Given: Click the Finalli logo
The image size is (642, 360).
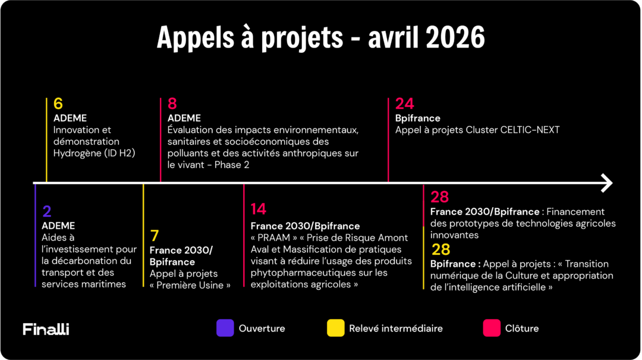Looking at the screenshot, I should (46, 329).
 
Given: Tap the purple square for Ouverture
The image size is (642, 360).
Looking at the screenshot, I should (225, 328).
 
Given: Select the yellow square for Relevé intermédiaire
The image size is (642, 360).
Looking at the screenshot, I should (335, 328).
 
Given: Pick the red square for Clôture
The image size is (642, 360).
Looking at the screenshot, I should (492, 328).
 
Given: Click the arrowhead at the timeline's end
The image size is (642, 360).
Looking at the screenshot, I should (607, 183).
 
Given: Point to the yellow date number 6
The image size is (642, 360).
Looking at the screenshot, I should (58, 104).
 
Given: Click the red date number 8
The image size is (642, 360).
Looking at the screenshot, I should (172, 104).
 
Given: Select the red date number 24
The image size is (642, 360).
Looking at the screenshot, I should (404, 104).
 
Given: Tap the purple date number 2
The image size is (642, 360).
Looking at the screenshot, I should (46, 211).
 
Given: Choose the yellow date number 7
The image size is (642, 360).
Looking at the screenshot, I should (155, 236).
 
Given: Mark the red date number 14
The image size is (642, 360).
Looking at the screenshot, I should (258, 209).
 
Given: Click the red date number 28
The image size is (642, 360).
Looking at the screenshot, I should (439, 197).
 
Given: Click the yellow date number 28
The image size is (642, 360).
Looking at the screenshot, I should (440, 249).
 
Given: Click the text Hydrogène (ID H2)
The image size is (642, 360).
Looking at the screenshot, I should (94, 153).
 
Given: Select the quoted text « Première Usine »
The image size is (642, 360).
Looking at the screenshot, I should (190, 285).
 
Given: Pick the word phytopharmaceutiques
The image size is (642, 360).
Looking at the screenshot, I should (303, 273).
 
